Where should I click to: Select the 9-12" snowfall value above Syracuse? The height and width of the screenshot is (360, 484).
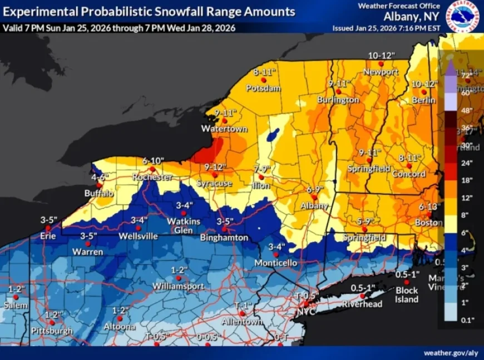(215, 167)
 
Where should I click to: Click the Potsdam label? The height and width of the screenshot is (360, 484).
(264, 88)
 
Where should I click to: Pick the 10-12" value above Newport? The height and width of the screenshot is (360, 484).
(381, 56)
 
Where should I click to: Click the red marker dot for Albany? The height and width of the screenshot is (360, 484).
(314, 197)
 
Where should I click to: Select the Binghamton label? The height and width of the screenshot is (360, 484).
(225, 238)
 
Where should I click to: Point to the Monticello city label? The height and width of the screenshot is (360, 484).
(276, 263)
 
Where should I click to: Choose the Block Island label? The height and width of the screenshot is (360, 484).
(407, 295)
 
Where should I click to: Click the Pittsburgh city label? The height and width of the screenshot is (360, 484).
(51, 331)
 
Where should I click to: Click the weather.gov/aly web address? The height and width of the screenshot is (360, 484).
(450, 353)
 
